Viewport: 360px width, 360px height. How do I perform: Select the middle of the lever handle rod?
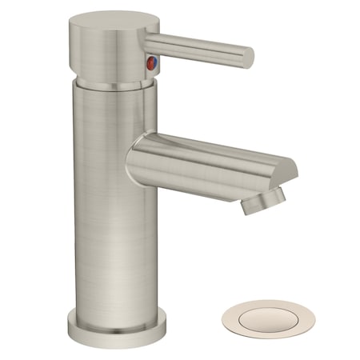click(200, 46)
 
